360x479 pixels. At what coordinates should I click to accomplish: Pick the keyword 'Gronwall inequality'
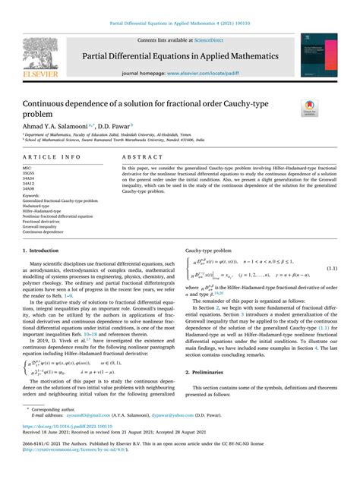pyautogui.click(x=44, y=225)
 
